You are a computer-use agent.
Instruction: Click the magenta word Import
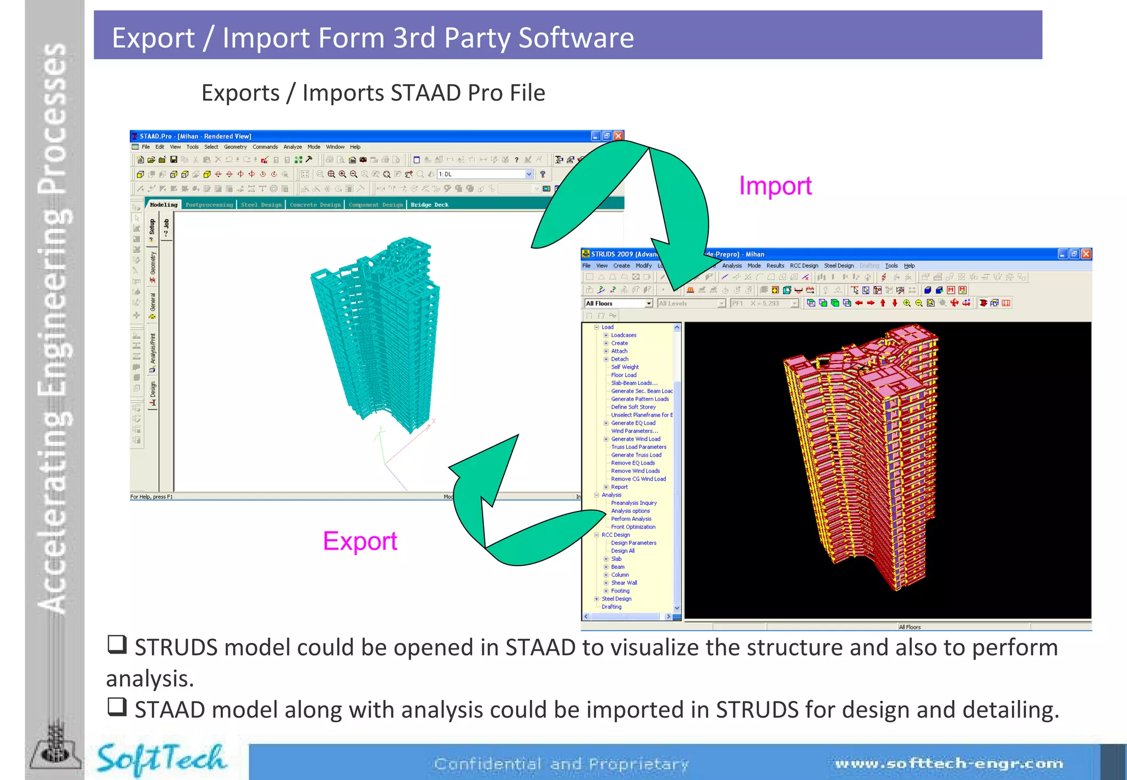775,186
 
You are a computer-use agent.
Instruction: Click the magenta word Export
360,541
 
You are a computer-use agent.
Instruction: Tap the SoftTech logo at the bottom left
161,760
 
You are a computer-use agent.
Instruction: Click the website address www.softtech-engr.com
949,763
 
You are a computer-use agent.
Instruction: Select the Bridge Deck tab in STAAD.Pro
429,205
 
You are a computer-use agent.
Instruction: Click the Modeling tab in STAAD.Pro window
163,205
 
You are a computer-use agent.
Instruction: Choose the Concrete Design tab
315,205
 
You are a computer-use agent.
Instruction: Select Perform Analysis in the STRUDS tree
631,519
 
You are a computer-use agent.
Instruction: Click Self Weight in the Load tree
625,367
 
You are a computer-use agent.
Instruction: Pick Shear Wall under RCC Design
623,583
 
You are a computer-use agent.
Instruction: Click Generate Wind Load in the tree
635,439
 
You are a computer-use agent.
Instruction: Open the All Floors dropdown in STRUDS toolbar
649,304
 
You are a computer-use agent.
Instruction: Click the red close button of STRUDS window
1086,254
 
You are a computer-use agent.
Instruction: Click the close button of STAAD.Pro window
619,136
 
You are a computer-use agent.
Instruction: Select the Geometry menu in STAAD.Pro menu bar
235,147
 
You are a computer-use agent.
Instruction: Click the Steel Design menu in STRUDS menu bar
839,266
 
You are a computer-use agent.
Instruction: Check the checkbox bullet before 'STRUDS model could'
117,644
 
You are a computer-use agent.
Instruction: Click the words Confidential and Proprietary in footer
561,764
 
